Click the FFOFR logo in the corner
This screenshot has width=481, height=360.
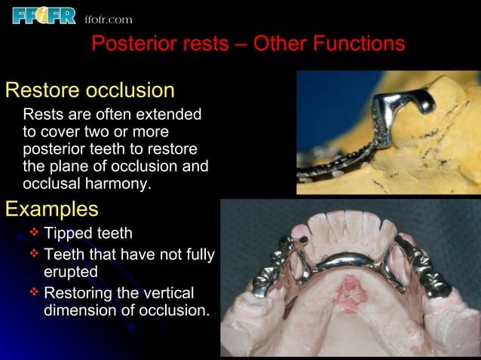pyautogui.click(x=44, y=14)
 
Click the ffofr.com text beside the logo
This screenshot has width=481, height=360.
pyautogui.click(x=108, y=19)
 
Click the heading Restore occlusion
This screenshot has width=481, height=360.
pyautogui.click(x=90, y=91)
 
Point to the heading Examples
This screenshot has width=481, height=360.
pyautogui.click(x=51, y=208)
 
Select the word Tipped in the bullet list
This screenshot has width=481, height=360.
pyautogui.click(x=68, y=233)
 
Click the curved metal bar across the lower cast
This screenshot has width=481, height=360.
pyautogui.click(x=348, y=259)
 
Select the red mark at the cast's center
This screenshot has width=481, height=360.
pyautogui.click(x=349, y=287)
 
